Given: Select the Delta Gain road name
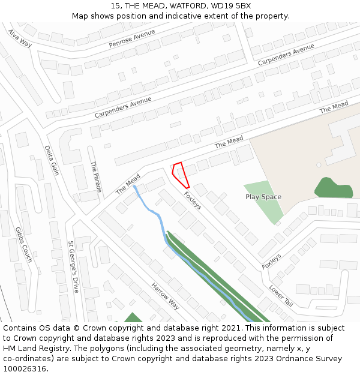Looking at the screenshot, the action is pyautogui.click(x=52, y=160).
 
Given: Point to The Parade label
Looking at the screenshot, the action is pyautogui.click(x=95, y=176).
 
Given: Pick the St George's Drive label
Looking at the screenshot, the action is pyautogui.click(x=73, y=266).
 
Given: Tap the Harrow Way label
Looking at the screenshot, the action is pyautogui.click(x=165, y=296).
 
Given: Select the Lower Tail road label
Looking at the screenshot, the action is pyautogui.click(x=281, y=295).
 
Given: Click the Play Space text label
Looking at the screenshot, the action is pyautogui.click(x=263, y=197).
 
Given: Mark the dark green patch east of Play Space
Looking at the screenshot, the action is pyautogui.click(x=333, y=188).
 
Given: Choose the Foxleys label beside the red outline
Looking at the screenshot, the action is pyautogui.click(x=192, y=200).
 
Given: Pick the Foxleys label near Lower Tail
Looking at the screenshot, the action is pyautogui.click(x=271, y=262).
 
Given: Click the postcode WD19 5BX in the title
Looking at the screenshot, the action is pyautogui.click(x=232, y=6).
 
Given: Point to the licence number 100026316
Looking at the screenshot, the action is pyautogui.click(x=25, y=369).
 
